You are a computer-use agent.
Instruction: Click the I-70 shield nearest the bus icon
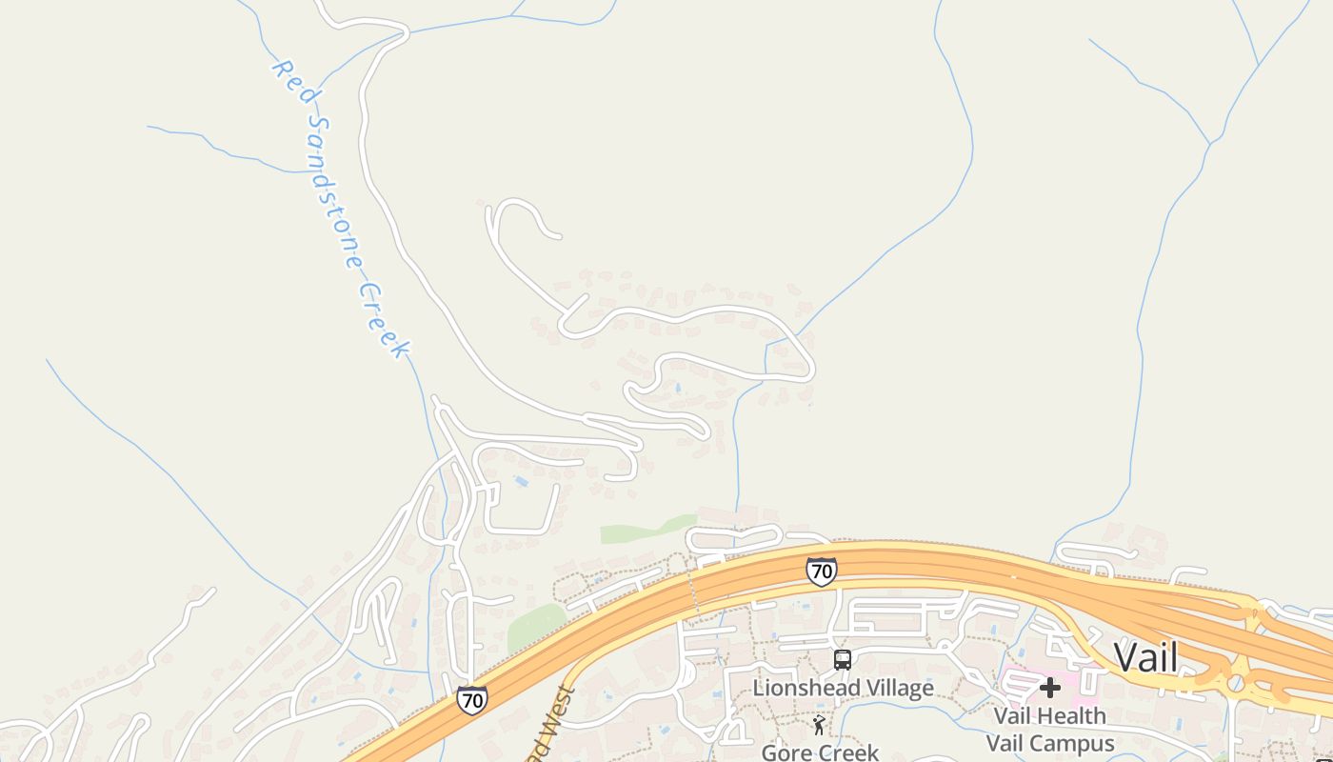pos(821,571)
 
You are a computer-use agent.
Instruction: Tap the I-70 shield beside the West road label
pos(471,700)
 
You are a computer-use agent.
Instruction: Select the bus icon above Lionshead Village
pos(843,659)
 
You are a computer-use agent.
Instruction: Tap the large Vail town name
pos(1145,657)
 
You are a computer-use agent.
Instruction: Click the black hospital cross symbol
pos(1050,687)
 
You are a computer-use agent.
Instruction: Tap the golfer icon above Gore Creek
pos(819,726)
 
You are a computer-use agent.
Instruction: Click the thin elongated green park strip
pos(647,529)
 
